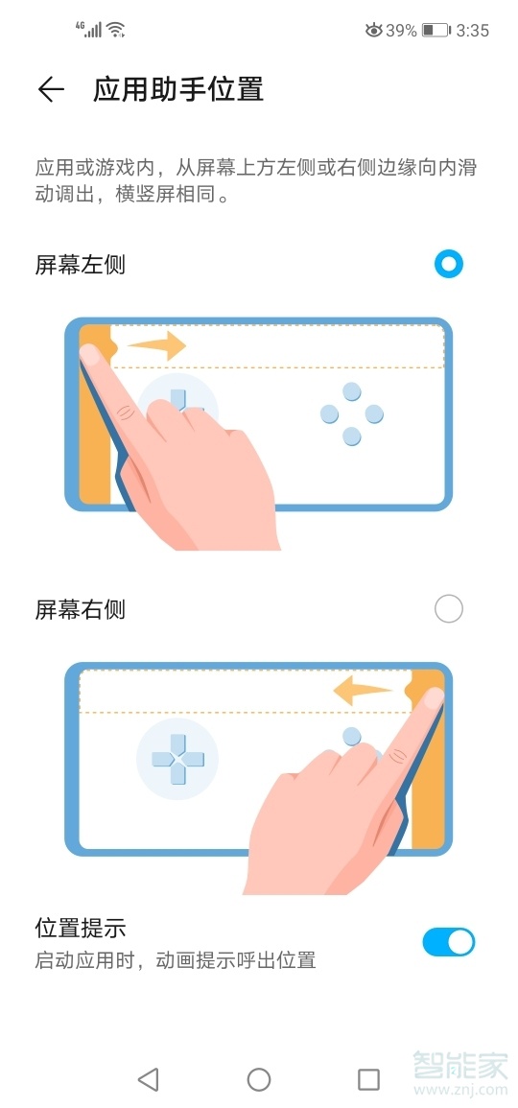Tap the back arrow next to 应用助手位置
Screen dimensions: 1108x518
click(x=50, y=89)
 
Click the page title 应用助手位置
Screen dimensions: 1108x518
click(x=177, y=89)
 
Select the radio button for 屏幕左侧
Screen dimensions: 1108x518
click(x=448, y=264)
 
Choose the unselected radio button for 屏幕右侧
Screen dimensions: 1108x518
click(x=448, y=608)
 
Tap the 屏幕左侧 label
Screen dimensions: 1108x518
click(x=81, y=265)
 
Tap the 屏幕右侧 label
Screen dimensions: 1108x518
click(x=81, y=609)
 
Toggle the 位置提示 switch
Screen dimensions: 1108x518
click(x=448, y=942)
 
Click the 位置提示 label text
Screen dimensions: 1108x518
click(x=81, y=928)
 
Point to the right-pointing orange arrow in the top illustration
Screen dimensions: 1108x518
click(x=156, y=344)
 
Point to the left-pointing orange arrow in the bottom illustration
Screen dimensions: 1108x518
click(x=363, y=689)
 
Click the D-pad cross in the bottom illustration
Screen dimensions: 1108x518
click(x=177, y=758)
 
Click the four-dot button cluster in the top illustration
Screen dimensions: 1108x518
click(x=352, y=414)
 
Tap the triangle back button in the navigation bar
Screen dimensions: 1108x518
click(x=148, y=1079)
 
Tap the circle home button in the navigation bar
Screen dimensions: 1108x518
click(x=259, y=1079)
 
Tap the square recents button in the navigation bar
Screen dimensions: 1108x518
click(x=368, y=1079)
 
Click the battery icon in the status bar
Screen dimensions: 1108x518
click(x=436, y=31)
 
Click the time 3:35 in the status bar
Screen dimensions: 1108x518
click(x=473, y=31)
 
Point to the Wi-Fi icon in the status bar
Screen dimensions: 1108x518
click(x=116, y=31)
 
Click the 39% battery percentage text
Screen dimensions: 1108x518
click(x=401, y=31)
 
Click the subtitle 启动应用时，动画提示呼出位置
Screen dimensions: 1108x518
click(x=176, y=959)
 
